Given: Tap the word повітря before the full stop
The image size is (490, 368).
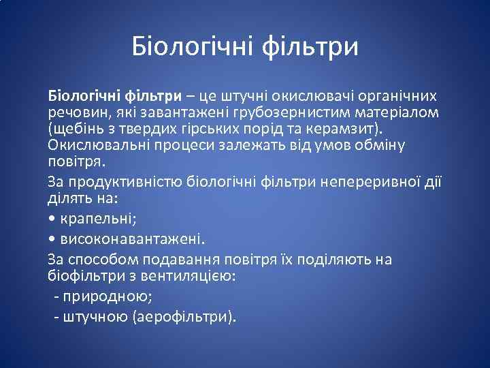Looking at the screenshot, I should pos(74,162).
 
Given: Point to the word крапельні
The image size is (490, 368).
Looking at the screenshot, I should pos(96,219).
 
